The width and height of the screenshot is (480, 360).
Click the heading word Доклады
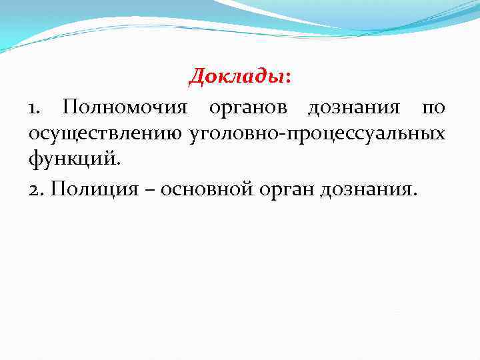click(237, 77)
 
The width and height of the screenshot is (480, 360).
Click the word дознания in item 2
click(367, 190)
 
